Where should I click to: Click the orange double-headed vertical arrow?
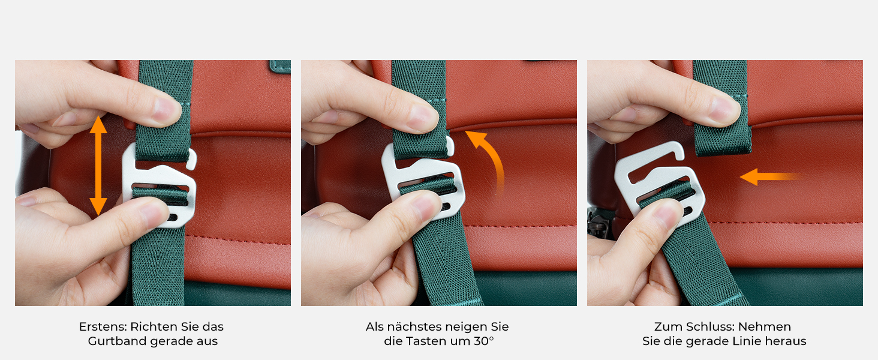click(x=98, y=166)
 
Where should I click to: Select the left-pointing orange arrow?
click(x=770, y=177)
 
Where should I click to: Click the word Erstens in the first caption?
click(x=103, y=326)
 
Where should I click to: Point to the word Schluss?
click(x=710, y=326)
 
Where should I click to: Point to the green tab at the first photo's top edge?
click(x=280, y=66)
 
